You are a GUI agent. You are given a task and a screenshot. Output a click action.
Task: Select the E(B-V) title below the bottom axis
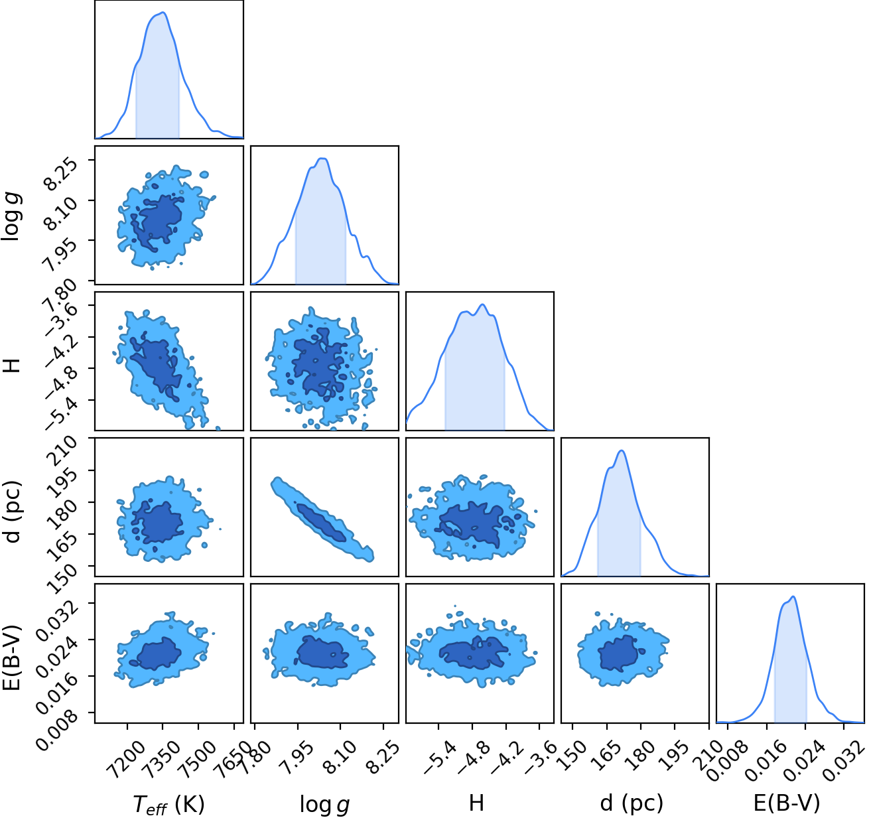point(787,803)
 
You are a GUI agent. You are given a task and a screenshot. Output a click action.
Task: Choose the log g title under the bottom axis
point(324,805)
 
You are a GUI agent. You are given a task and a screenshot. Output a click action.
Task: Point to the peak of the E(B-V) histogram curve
point(793,596)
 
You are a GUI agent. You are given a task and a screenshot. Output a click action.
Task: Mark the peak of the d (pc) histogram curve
point(622,451)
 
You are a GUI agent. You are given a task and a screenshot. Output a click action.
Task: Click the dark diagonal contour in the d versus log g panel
point(322,523)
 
